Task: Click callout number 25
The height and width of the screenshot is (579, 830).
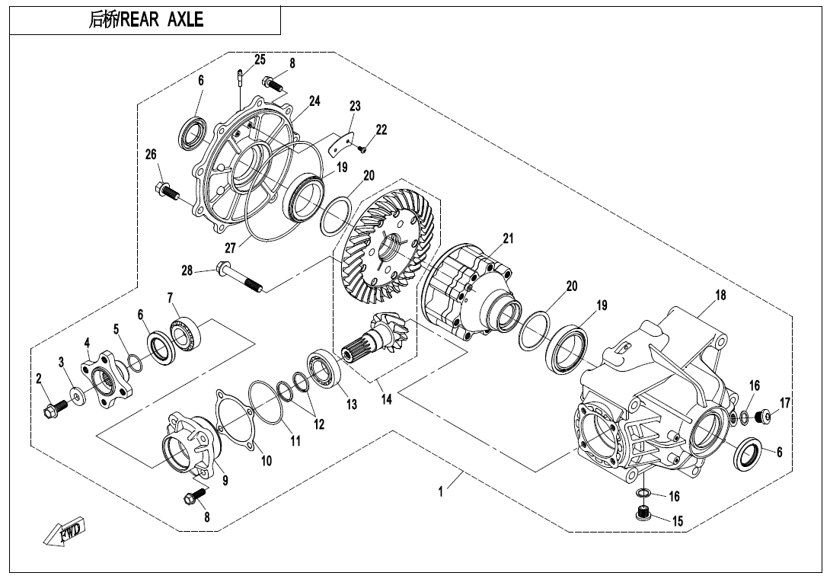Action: click(260, 59)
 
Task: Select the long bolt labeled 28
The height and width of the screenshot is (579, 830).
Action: click(239, 277)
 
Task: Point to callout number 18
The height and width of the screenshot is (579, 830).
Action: click(720, 295)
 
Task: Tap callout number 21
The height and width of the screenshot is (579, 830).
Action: click(508, 238)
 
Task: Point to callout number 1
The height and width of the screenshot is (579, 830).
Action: click(441, 492)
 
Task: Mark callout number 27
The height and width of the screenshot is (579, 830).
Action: click(231, 247)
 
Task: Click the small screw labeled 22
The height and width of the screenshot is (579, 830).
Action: click(363, 148)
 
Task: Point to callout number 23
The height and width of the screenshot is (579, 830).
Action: click(355, 106)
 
